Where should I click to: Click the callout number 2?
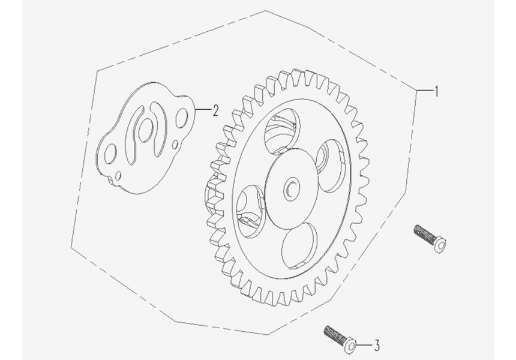(x=215, y=110)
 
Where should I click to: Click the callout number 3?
(x=377, y=345)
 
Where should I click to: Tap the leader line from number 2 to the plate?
(x=203, y=110)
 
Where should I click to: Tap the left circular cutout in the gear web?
(x=251, y=206)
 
